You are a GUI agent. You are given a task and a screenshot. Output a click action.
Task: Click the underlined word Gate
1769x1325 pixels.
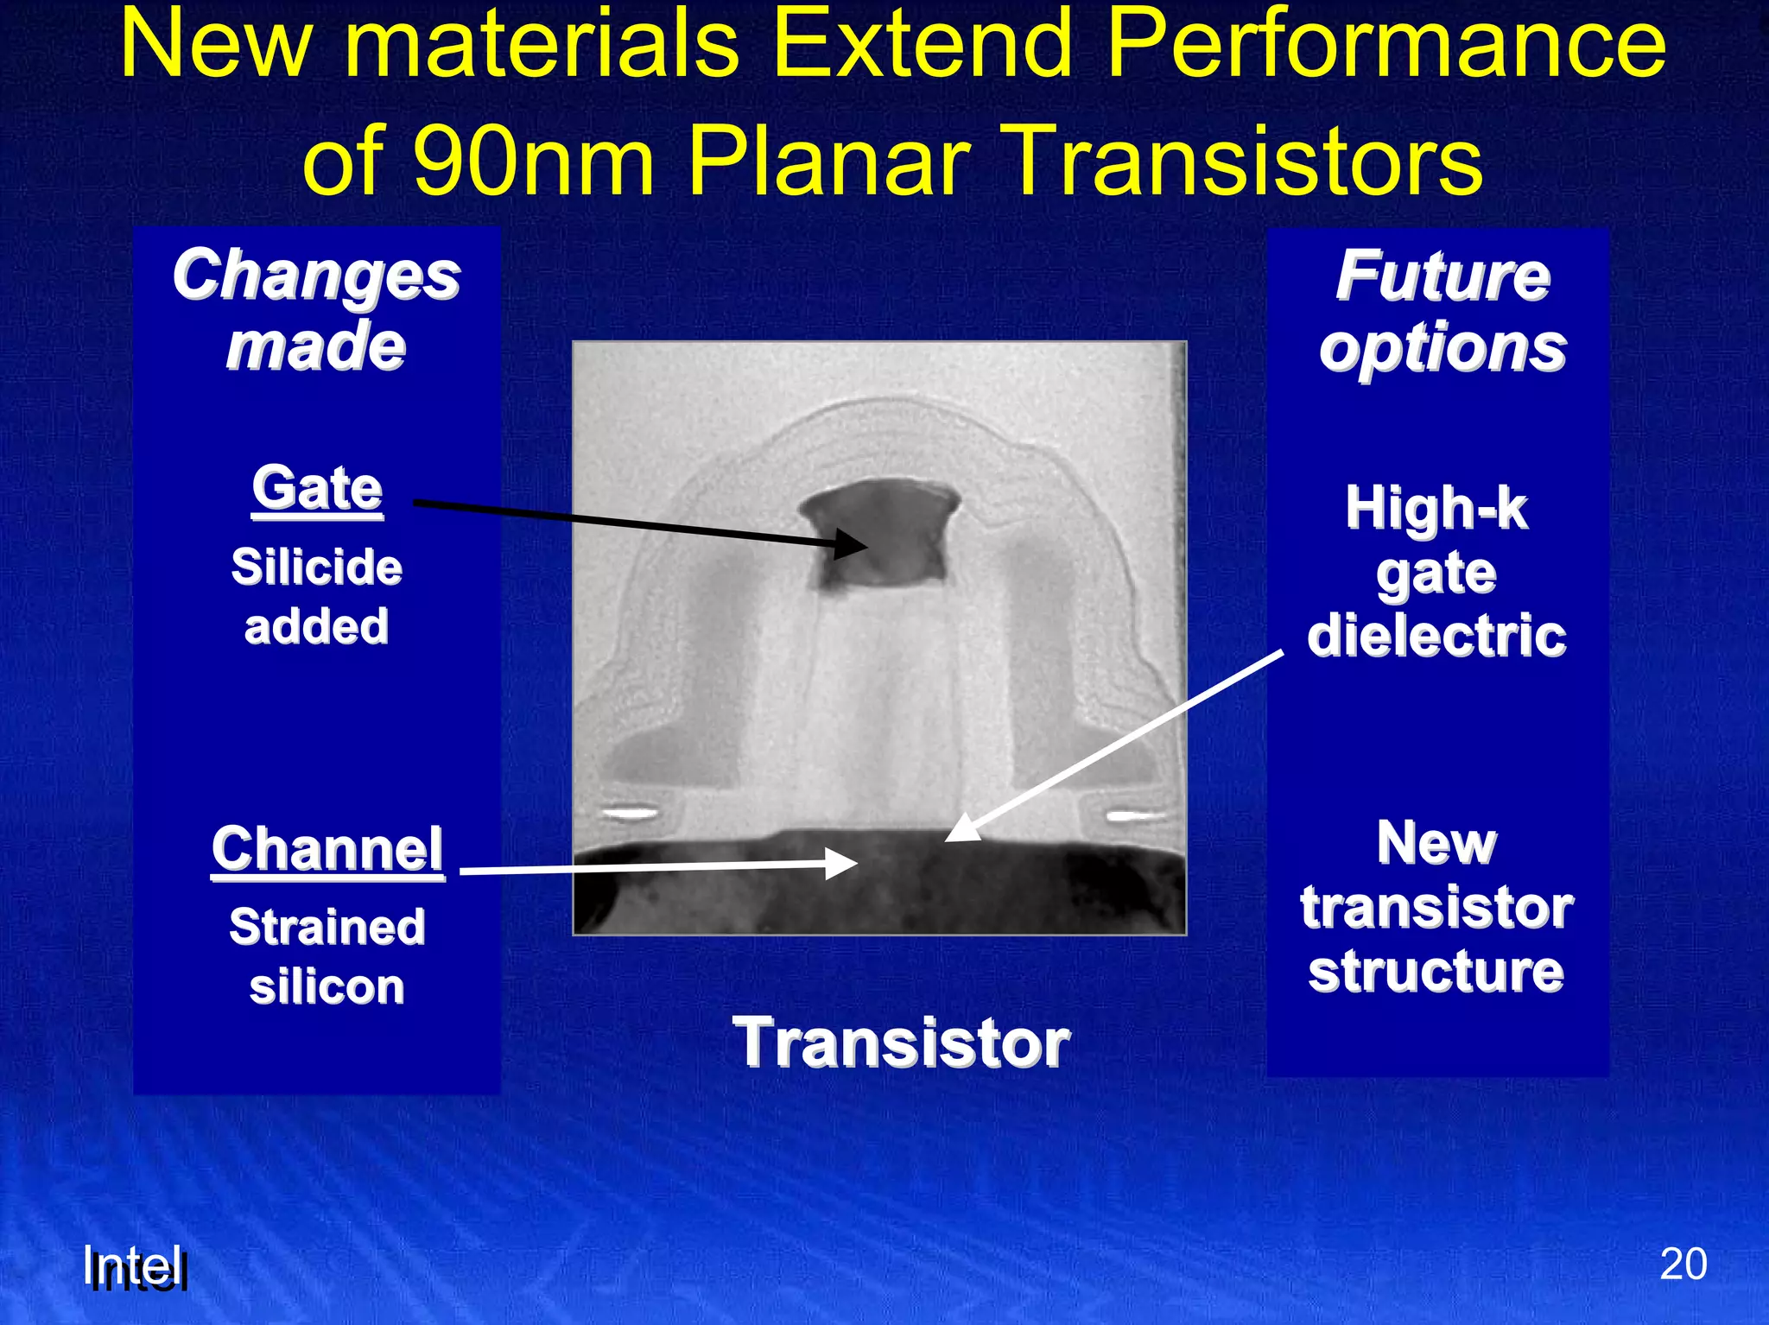317,489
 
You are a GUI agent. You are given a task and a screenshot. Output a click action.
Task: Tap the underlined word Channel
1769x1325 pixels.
327,849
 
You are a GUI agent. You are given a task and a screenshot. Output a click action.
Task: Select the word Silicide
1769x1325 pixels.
316,567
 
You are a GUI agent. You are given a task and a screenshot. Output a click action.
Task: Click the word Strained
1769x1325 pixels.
327,927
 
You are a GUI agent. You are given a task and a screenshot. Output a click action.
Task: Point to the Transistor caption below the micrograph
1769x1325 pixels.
901,1043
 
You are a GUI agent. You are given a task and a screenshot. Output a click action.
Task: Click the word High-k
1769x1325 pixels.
1436,508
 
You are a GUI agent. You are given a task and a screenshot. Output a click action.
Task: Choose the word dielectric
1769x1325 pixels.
1436,636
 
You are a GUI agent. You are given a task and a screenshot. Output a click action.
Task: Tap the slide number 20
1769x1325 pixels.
1683,1265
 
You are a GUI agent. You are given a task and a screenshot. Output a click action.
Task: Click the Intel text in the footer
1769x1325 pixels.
135,1268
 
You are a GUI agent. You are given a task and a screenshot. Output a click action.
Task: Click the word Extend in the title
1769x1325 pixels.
923,45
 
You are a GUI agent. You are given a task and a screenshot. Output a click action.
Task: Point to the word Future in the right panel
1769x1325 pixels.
1442,276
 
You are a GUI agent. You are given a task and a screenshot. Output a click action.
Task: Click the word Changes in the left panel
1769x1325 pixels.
316,276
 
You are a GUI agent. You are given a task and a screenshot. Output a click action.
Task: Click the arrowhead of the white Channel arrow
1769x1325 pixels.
855,863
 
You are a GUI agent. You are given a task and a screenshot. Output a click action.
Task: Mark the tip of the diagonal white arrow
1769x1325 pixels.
948,839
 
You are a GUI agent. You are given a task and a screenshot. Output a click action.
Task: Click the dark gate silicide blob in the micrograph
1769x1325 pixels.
879,536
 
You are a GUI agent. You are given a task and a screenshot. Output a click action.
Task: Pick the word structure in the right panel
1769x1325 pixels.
1436,972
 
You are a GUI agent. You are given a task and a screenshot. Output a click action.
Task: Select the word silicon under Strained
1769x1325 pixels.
327,986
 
